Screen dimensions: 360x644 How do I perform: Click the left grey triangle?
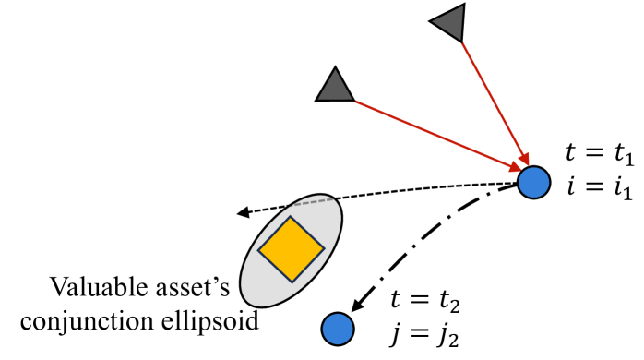click(334, 87)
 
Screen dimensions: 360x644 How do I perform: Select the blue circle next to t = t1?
click(533, 182)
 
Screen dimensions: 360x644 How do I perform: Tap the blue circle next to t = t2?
click(338, 328)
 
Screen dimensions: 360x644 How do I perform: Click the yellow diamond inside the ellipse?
click(291, 249)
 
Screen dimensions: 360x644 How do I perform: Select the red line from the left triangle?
click(434, 133)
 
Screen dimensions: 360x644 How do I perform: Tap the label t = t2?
click(422, 297)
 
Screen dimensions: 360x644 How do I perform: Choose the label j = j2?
click(422, 332)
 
